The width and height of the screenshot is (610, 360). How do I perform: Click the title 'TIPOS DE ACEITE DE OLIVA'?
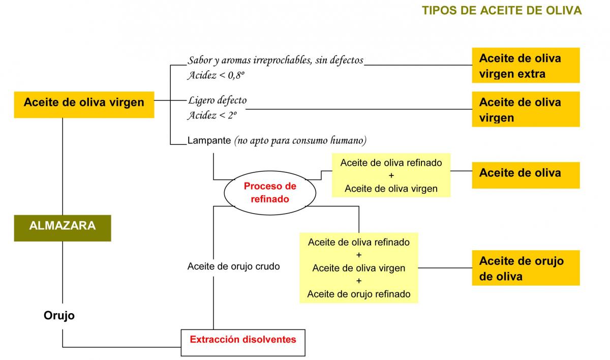[502, 11]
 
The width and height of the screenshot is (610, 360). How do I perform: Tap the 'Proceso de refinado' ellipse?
[269, 193]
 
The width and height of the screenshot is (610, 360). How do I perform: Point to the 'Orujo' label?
[59, 316]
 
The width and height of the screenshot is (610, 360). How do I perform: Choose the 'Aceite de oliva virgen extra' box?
[526, 66]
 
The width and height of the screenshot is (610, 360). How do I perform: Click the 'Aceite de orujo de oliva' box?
[526, 268]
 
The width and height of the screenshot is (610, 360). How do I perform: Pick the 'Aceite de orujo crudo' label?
[233, 266]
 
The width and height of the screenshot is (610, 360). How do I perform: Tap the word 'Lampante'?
[209, 140]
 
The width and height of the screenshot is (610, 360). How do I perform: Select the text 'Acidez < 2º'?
[212, 115]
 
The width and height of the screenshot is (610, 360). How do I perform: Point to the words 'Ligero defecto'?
[217, 100]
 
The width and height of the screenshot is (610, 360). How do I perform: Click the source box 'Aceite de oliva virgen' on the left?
[84, 102]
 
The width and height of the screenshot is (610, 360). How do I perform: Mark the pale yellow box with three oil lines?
[358, 268]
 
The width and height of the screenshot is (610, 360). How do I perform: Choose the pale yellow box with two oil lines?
[391, 175]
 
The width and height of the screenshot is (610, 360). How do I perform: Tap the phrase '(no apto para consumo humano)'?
[300, 140]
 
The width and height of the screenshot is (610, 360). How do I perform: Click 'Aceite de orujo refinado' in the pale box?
[358, 293]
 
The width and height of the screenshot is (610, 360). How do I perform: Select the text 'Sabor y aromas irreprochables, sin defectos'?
[276, 61]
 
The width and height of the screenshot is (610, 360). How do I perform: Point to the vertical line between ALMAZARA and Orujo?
[63, 272]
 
